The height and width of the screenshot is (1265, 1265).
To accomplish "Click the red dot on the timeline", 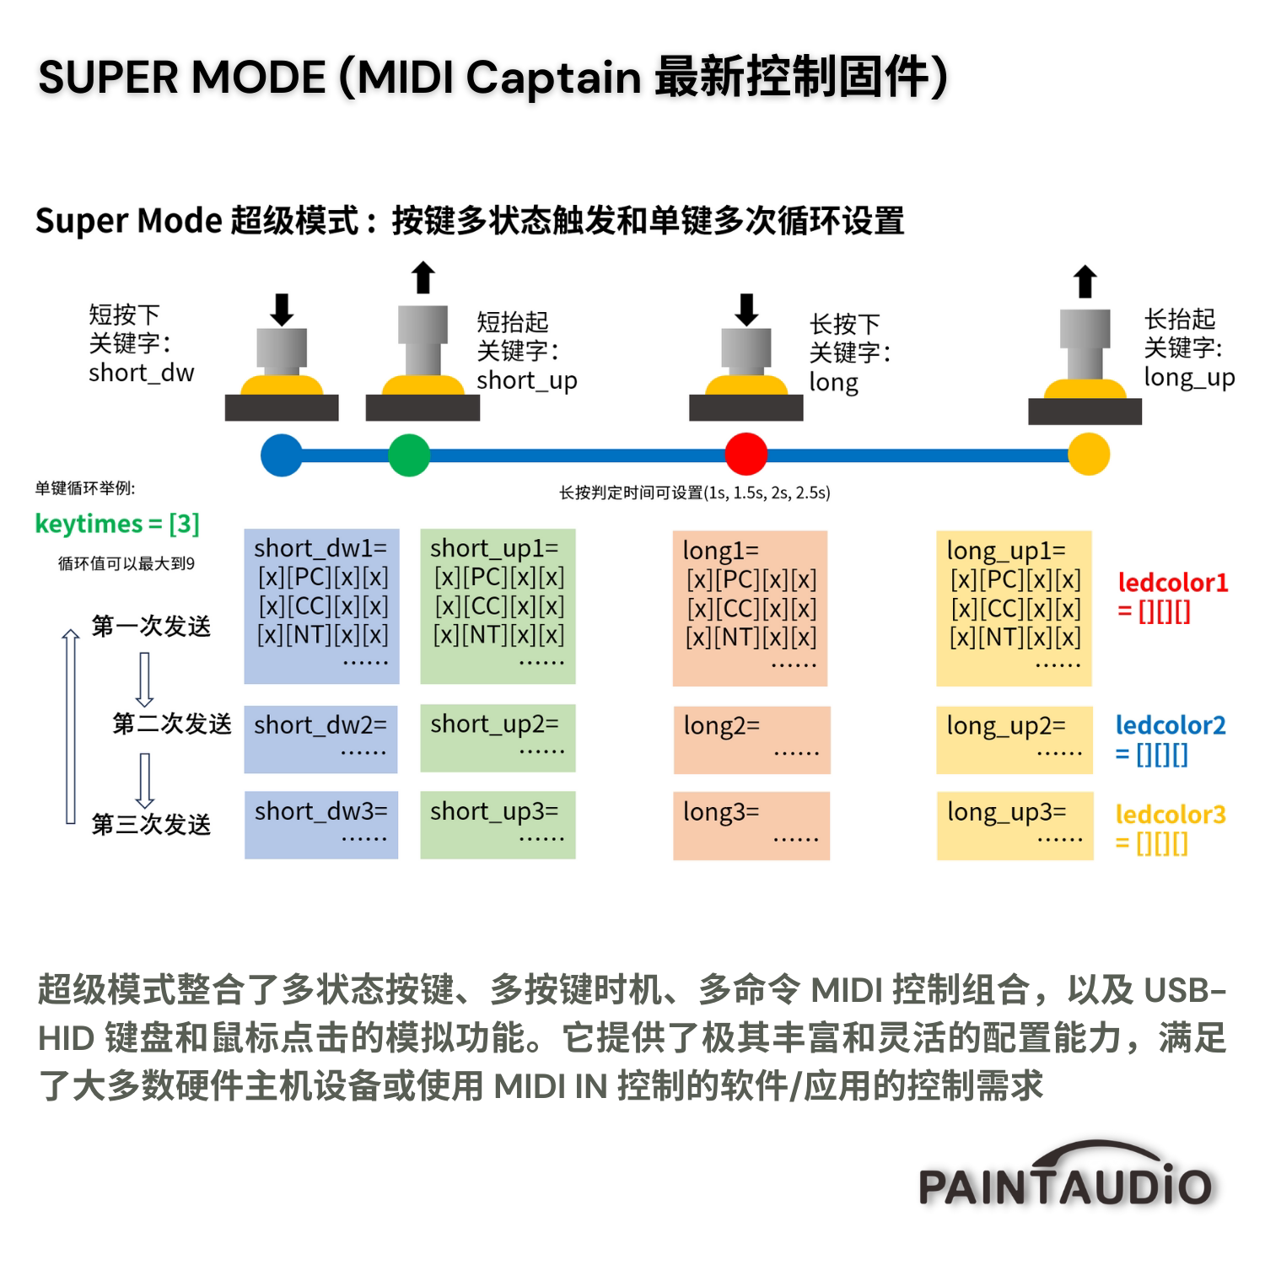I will (x=746, y=455).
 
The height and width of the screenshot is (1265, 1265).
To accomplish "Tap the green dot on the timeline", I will (x=409, y=455).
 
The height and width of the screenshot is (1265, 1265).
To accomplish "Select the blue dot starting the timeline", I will (x=282, y=455).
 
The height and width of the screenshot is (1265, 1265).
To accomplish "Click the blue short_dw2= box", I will (x=320, y=739).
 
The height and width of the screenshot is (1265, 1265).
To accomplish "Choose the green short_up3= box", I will (x=498, y=825).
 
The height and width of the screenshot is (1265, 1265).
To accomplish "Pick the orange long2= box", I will (x=751, y=740).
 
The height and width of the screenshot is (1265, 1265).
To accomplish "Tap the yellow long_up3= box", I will (x=1015, y=826).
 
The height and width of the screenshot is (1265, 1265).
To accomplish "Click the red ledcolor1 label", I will (x=1172, y=596).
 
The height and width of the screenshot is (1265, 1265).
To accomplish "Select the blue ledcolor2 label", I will (x=1170, y=740).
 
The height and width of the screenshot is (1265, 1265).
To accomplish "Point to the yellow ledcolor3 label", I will (x=1170, y=829).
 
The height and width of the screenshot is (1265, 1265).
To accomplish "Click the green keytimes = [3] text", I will (x=117, y=524).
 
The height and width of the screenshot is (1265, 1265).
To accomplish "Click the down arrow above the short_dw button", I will (x=282, y=310).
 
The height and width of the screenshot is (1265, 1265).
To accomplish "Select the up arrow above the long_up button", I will (x=1085, y=282).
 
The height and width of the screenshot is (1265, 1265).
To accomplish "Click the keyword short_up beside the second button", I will (x=526, y=380).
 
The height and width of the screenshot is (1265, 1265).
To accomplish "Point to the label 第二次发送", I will (x=171, y=724).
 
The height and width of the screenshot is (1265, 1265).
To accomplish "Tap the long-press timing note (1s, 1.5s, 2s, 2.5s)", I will (x=694, y=493).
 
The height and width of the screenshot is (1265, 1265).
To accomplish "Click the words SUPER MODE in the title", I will (x=182, y=78).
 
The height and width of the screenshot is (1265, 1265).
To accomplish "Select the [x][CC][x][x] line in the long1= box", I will (x=751, y=609).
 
